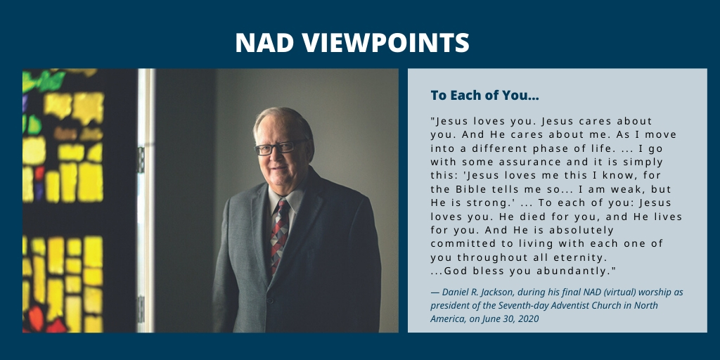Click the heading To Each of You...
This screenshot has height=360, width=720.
coord(484,95)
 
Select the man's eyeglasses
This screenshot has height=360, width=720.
coord(276,148)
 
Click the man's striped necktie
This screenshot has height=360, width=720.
coord(279,232)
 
